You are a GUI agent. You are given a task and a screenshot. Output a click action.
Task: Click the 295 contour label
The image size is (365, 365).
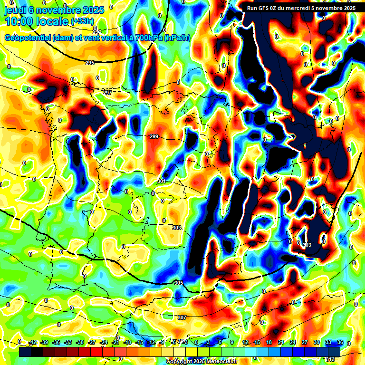(90, 63)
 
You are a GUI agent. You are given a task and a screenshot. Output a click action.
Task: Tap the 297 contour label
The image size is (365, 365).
(108, 93)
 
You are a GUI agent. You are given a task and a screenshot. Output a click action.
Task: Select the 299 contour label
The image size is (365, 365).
(154, 136)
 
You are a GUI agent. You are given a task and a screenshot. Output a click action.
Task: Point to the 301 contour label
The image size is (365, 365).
(162, 181)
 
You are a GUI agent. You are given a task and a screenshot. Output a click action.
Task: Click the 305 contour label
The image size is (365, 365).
(179, 283)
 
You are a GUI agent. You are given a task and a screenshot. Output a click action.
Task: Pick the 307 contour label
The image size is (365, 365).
(182, 317)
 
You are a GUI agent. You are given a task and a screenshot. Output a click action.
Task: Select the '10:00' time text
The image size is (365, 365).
(19, 21)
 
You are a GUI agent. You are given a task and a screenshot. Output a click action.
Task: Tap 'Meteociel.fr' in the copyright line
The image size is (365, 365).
(220, 362)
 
